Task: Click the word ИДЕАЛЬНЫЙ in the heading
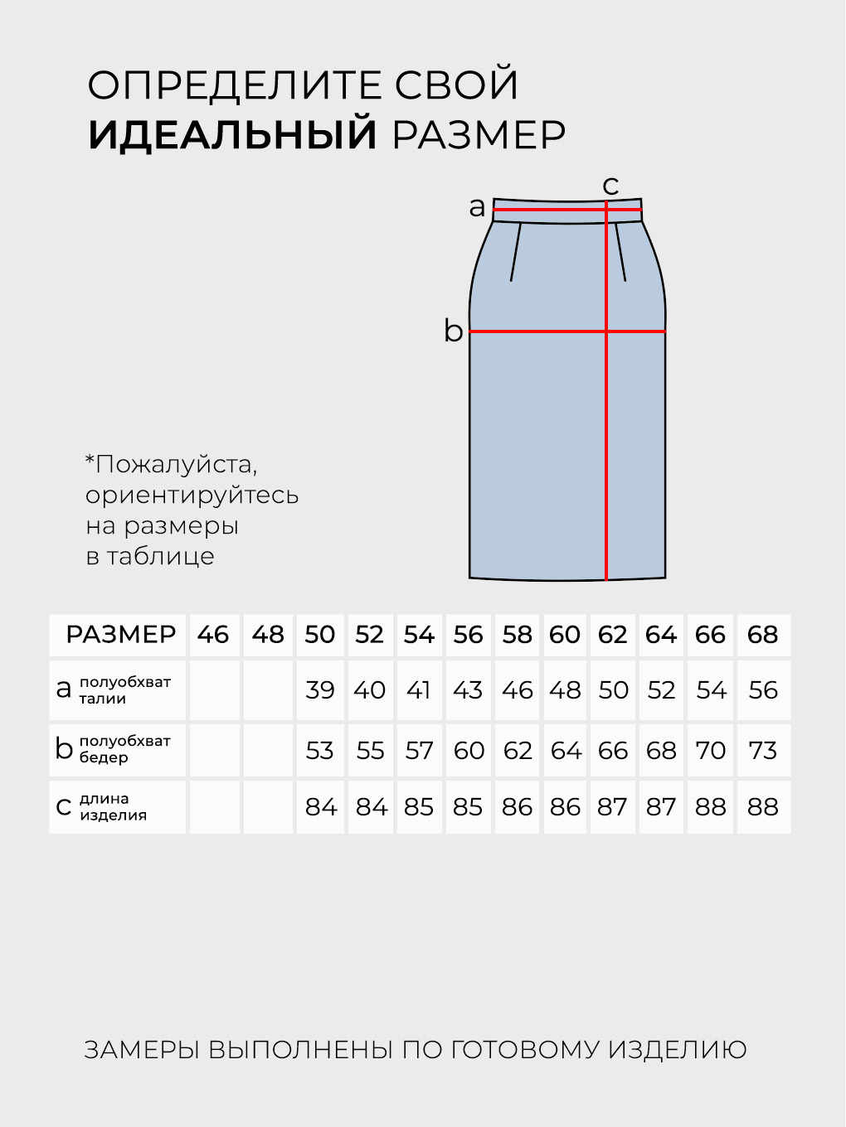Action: click(232, 134)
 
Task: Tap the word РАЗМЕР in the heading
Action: click(479, 134)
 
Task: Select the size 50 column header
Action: click(319, 635)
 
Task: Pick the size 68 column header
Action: click(762, 635)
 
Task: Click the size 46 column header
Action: click(213, 635)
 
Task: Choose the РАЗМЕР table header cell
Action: click(121, 635)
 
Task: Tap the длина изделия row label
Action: click(113, 806)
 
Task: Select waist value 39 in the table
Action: click(319, 690)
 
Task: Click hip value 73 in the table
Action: click(762, 750)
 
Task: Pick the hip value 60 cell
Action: click(469, 750)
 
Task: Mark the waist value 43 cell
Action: click(468, 690)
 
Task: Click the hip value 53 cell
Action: click(319, 750)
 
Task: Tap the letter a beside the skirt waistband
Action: click(477, 207)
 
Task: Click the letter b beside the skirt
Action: click(453, 331)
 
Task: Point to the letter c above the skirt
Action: click(610, 185)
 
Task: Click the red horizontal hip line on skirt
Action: click(539, 331)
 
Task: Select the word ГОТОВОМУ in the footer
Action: click(525, 1050)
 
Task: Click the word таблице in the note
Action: click(160, 556)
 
